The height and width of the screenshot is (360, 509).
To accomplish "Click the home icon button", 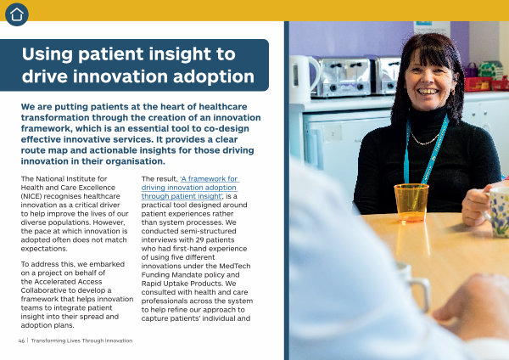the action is (17, 14).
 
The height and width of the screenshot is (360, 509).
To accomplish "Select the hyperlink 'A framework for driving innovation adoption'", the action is (190, 188).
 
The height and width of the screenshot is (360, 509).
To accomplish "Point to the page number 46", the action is (21, 340).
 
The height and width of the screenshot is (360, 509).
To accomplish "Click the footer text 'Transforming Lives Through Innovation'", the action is (81, 340).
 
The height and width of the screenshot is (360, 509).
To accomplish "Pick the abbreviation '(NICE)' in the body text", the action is (31, 196).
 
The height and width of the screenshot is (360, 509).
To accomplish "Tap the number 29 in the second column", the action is (193, 240).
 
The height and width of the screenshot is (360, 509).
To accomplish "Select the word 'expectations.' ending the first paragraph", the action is (44, 249).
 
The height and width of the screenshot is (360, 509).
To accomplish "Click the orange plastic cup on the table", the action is (411, 203).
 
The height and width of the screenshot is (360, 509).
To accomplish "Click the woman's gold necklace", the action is (425, 139).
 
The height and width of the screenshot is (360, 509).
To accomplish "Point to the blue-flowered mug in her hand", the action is (497, 211).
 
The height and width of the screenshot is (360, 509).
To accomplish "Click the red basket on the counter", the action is (478, 84).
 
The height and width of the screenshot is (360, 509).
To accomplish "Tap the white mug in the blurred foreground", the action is (413, 286).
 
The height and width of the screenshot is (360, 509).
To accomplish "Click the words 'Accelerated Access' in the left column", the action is (68, 282).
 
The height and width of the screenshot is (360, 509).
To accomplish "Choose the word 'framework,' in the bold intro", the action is (47, 129).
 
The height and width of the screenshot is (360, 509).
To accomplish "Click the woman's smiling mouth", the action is (428, 92).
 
